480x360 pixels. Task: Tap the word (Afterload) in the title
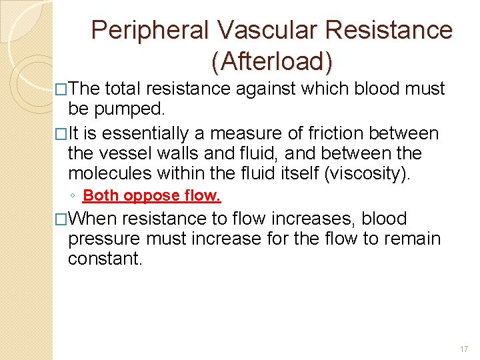pyautogui.click(x=271, y=61)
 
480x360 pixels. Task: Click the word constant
pyautogui.click(x=105, y=258)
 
